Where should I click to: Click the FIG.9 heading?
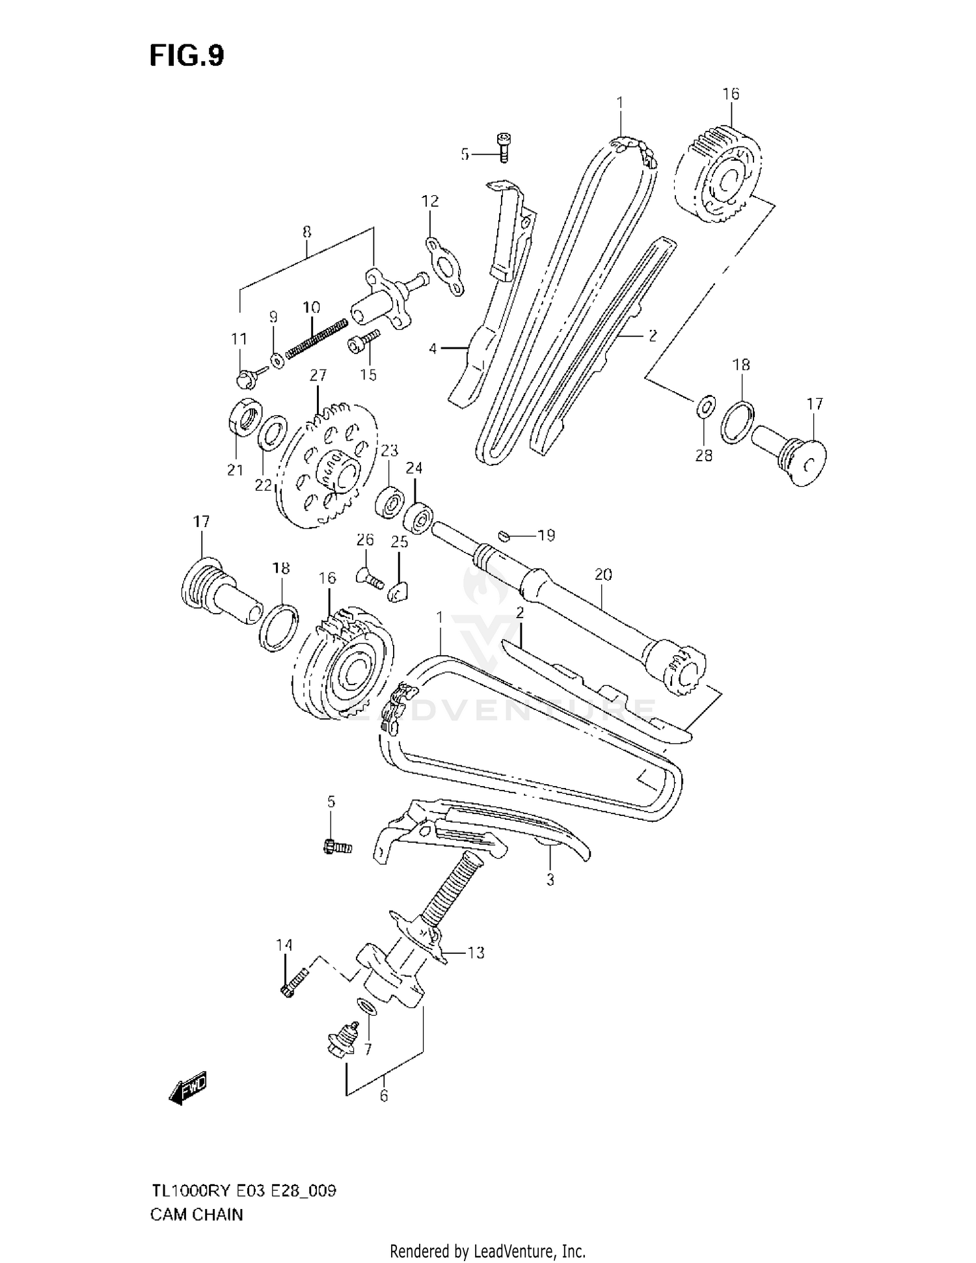[187, 56]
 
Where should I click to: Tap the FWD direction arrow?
[188, 1087]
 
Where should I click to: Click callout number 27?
[318, 375]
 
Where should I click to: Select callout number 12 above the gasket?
[430, 201]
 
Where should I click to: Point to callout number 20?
[603, 575]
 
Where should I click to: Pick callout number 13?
[476, 953]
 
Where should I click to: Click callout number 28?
[704, 455]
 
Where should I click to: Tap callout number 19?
[547, 536]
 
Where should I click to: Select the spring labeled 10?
[315, 338]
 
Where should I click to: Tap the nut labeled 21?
[245, 416]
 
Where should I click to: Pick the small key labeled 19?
[502, 535]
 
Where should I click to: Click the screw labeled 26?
[371, 578]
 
